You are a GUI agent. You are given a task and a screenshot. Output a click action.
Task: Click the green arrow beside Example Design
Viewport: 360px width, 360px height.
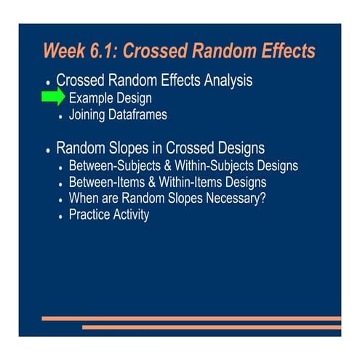tap(53, 98)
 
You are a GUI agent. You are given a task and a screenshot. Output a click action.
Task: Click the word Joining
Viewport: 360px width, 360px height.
tap(89, 114)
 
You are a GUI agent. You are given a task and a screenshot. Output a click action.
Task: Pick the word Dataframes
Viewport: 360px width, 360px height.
tap(143, 114)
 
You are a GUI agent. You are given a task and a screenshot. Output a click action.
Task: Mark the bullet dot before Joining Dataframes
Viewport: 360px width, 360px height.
tap(60, 116)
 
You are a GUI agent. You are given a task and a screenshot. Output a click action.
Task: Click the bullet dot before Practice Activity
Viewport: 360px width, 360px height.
tap(60, 216)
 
